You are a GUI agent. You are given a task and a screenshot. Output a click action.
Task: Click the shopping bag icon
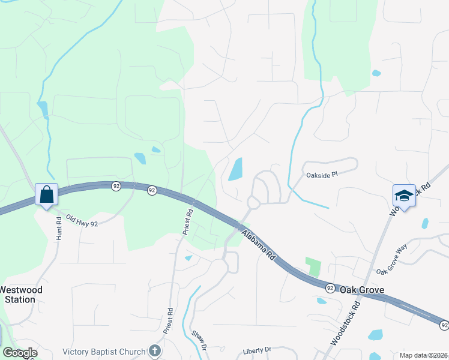coord(46,194)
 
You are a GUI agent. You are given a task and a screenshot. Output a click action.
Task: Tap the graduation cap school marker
coord(404,196)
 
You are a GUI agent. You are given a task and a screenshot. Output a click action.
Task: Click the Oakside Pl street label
coord(323,175)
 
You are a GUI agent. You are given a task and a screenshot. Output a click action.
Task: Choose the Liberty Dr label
coord(258,349)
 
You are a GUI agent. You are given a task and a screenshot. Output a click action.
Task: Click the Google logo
coord(19,353)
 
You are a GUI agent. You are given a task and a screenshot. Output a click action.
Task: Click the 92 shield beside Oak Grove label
coord(330,289)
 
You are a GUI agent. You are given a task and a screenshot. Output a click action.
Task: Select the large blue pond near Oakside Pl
coord(235,169)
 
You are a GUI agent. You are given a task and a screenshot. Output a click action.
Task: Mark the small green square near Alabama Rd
coord(313,266)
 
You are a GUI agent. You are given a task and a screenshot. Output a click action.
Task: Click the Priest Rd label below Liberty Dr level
coord(170,322)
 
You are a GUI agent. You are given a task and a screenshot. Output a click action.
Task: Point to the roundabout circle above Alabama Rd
coord(253,203)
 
